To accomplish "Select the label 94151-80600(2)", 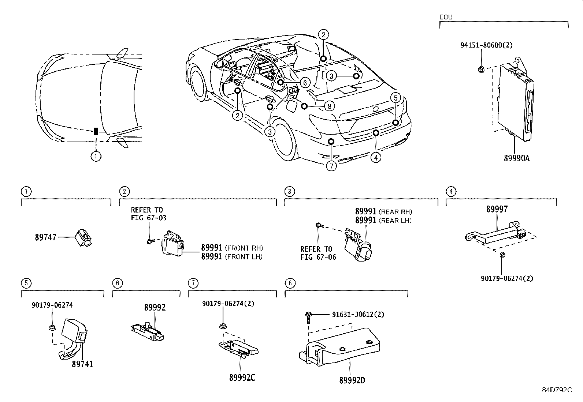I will point(486,45).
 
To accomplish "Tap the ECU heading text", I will point(446,17).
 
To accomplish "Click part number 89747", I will point(46,237).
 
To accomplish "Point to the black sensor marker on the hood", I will point(96,131).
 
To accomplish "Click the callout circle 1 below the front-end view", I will point(96,156).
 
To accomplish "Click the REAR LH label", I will point(395,221).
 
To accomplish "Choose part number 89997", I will point(497,209).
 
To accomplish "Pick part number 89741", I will point(82,364).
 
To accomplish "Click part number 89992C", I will point(242,378).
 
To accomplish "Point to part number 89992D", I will point(352,380).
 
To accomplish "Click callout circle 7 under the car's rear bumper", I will point(331,166).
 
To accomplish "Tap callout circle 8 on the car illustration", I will point(329,106).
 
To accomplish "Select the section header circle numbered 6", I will point(117,283).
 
